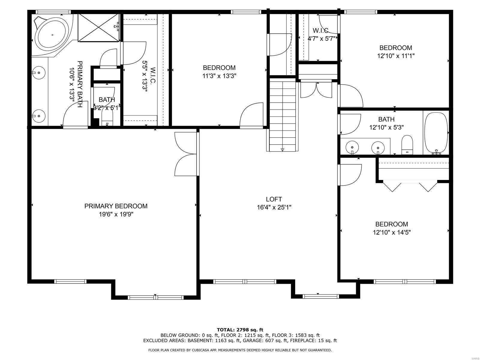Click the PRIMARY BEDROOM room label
pyautogui.click(x=116, y=206)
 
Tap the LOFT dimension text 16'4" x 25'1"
pyautogui.click(x=274, y=207)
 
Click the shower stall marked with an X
pyautogui.click(x=98, y=27)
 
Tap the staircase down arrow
pyautogui.click(x=282, y=149)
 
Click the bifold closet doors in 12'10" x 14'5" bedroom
pyautogui.click(x=410, y=186)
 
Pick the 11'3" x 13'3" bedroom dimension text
pyautogui.click(x=219, y=76)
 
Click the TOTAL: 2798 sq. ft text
pyautogui.click(x=240, y=330)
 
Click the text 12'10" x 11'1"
pyautogui.click(x=396, y=56)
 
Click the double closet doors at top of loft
pyautogui.click(x=316, y=89)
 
